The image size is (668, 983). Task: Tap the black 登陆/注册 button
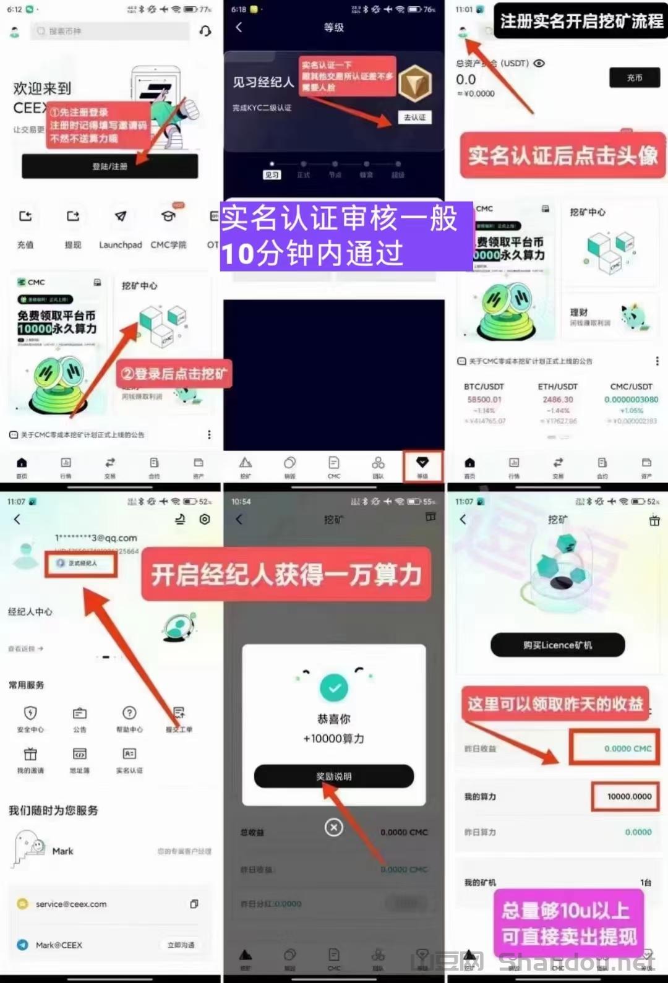(x=110, y=166)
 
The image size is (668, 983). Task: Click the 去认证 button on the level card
(x=414, y=118)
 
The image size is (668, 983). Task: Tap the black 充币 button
(x=635, y=78)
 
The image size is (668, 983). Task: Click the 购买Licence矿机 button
(x=557, y=645)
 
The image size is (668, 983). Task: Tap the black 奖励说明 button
(x=333, y=776)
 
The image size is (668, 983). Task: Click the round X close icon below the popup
(x=334, y=827)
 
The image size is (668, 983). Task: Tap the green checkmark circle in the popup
(x=334, y=688)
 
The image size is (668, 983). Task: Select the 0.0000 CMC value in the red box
(x=627, y=749)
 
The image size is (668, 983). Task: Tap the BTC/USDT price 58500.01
(x=484, y=400)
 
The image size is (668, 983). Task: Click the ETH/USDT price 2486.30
(x=558, y=400)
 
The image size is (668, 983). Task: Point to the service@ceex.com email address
(x=71, y=904)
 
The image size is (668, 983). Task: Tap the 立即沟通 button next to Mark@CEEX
(x=181, y=945)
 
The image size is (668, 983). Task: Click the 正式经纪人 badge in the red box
(x=81, y=564)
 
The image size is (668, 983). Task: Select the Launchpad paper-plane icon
(x=121, y=217)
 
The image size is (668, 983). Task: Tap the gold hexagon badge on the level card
(x=414, y=84)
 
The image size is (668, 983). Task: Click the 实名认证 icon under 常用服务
(x=129, y=754)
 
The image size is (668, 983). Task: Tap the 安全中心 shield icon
(x=30, y=713)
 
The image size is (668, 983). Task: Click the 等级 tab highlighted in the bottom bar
(x=422, y=466)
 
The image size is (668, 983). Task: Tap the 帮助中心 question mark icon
(x=129, y=713)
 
